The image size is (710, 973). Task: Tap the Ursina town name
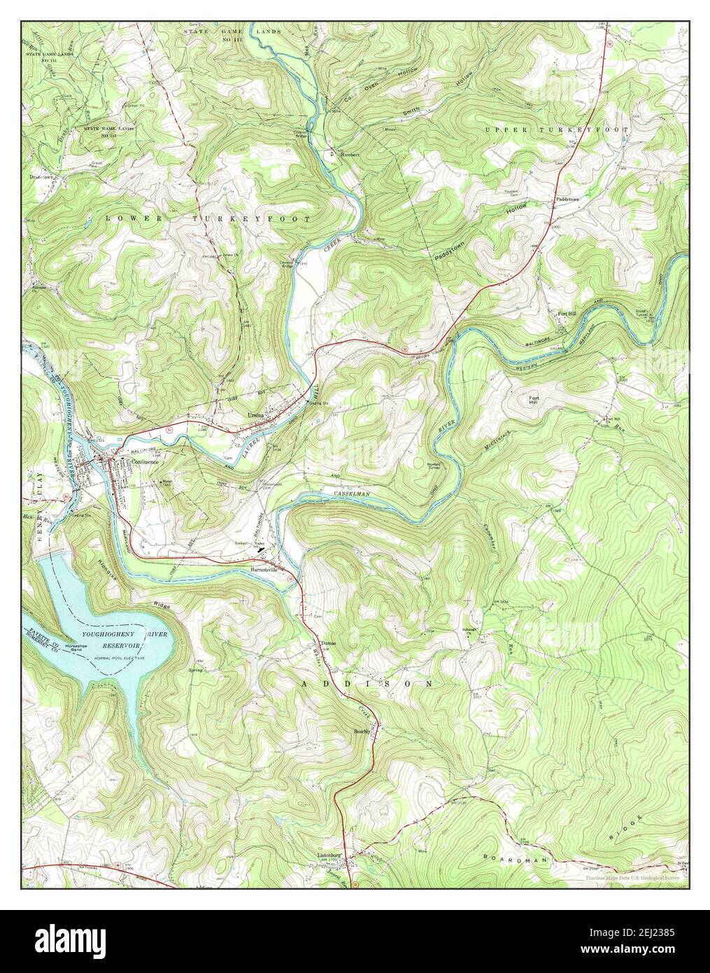257,416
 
